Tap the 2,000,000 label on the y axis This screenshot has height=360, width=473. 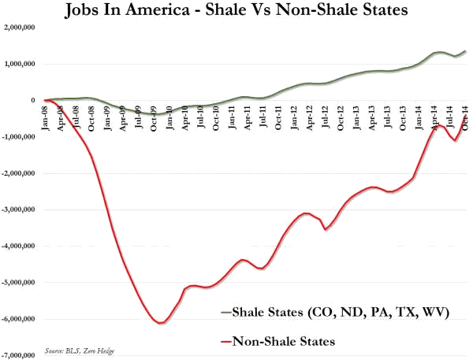tap(23, 28)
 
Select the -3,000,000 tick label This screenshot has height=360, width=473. tap(22, 210)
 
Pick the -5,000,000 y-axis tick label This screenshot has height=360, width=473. tap(22, 283)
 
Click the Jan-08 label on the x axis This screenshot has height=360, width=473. tap(47, 116)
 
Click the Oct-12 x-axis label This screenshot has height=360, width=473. tap(341, 116)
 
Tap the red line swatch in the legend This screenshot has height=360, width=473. tap(229, 342)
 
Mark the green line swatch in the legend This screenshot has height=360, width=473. tap(229, 314)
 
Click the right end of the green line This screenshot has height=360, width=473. tap(465, 51)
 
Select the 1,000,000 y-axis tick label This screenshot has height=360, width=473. tap(23, 64)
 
